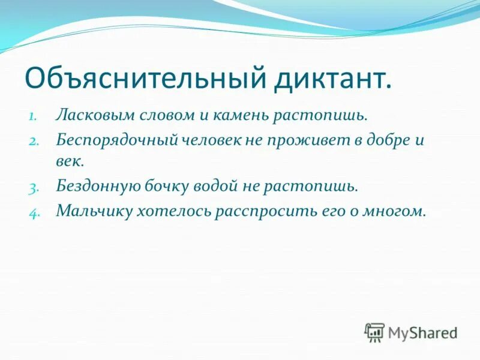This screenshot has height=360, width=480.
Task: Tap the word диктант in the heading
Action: (x=334, y=78)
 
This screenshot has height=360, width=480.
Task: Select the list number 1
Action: (x=34, y=115)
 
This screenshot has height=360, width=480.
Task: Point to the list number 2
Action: (x=33, y=142)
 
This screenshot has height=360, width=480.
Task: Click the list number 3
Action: (x=33, y=187)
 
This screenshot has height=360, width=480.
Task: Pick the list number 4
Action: (x=33, y=212)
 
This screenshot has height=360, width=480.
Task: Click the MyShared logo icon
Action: (x=375, y=332)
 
